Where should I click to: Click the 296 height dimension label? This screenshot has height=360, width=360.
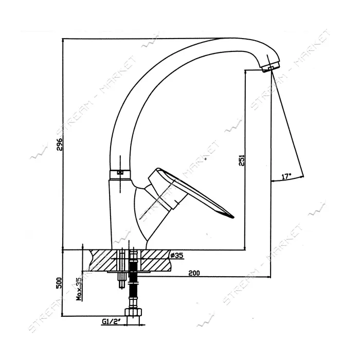coord(60,144)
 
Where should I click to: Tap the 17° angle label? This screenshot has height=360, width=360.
coord(286,176)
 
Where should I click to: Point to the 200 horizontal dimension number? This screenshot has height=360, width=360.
coord(194,273)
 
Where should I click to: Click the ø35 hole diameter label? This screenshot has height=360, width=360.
coord(177,255)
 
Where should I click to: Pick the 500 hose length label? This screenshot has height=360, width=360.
coord(59,283)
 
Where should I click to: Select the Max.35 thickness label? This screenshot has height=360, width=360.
coord(79,289)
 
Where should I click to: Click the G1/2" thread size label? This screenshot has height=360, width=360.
coord(112,322)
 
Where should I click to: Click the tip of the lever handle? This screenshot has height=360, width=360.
coord(233,217)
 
